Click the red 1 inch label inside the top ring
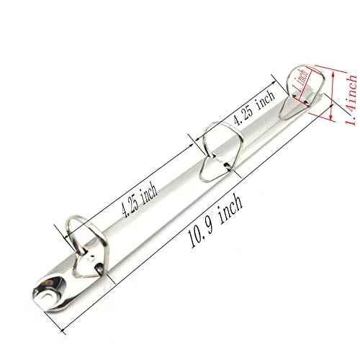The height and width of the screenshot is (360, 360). point(300,81)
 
